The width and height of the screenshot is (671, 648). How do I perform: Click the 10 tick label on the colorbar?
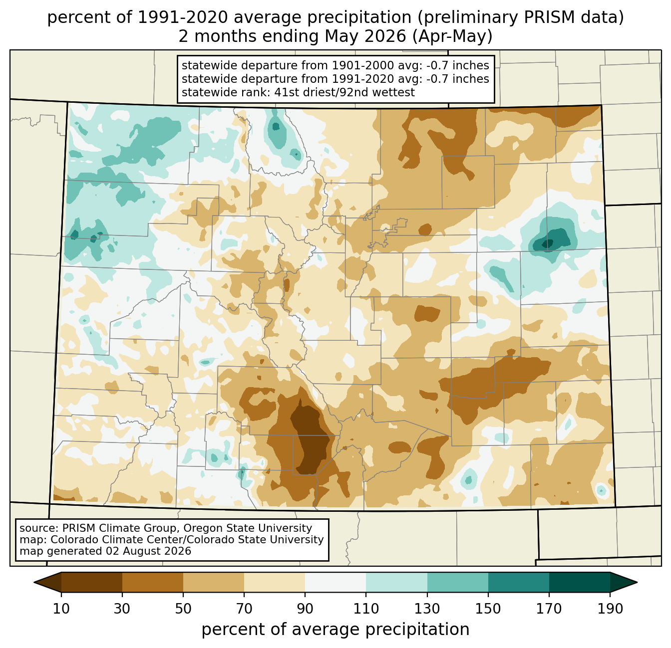tap(61, 609)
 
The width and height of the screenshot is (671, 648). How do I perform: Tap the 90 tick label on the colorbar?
tap(305, 609)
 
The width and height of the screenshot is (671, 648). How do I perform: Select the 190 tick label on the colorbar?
tap(610, 609)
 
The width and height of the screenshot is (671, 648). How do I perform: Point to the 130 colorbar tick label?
tap(427, 609)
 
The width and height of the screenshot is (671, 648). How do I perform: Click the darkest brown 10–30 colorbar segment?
tap(92, 582)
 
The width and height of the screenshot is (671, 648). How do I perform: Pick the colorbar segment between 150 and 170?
tap(518, 582)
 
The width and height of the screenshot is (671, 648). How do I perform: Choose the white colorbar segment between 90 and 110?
tap(335, 582)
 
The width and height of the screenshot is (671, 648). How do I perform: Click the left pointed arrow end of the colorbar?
tap(47, 582)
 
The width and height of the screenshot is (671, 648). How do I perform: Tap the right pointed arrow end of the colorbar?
tap(624, 582)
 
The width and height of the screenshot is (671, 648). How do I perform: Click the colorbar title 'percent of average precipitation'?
tap(335, 629)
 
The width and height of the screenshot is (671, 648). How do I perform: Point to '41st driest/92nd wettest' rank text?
tap(344, 92)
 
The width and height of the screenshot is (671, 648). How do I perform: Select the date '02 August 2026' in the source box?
tap(148, 551)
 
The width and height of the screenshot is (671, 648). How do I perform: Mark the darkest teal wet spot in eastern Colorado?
tap(547, 244)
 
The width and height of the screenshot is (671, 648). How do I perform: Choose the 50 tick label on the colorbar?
tap(183, 609)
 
